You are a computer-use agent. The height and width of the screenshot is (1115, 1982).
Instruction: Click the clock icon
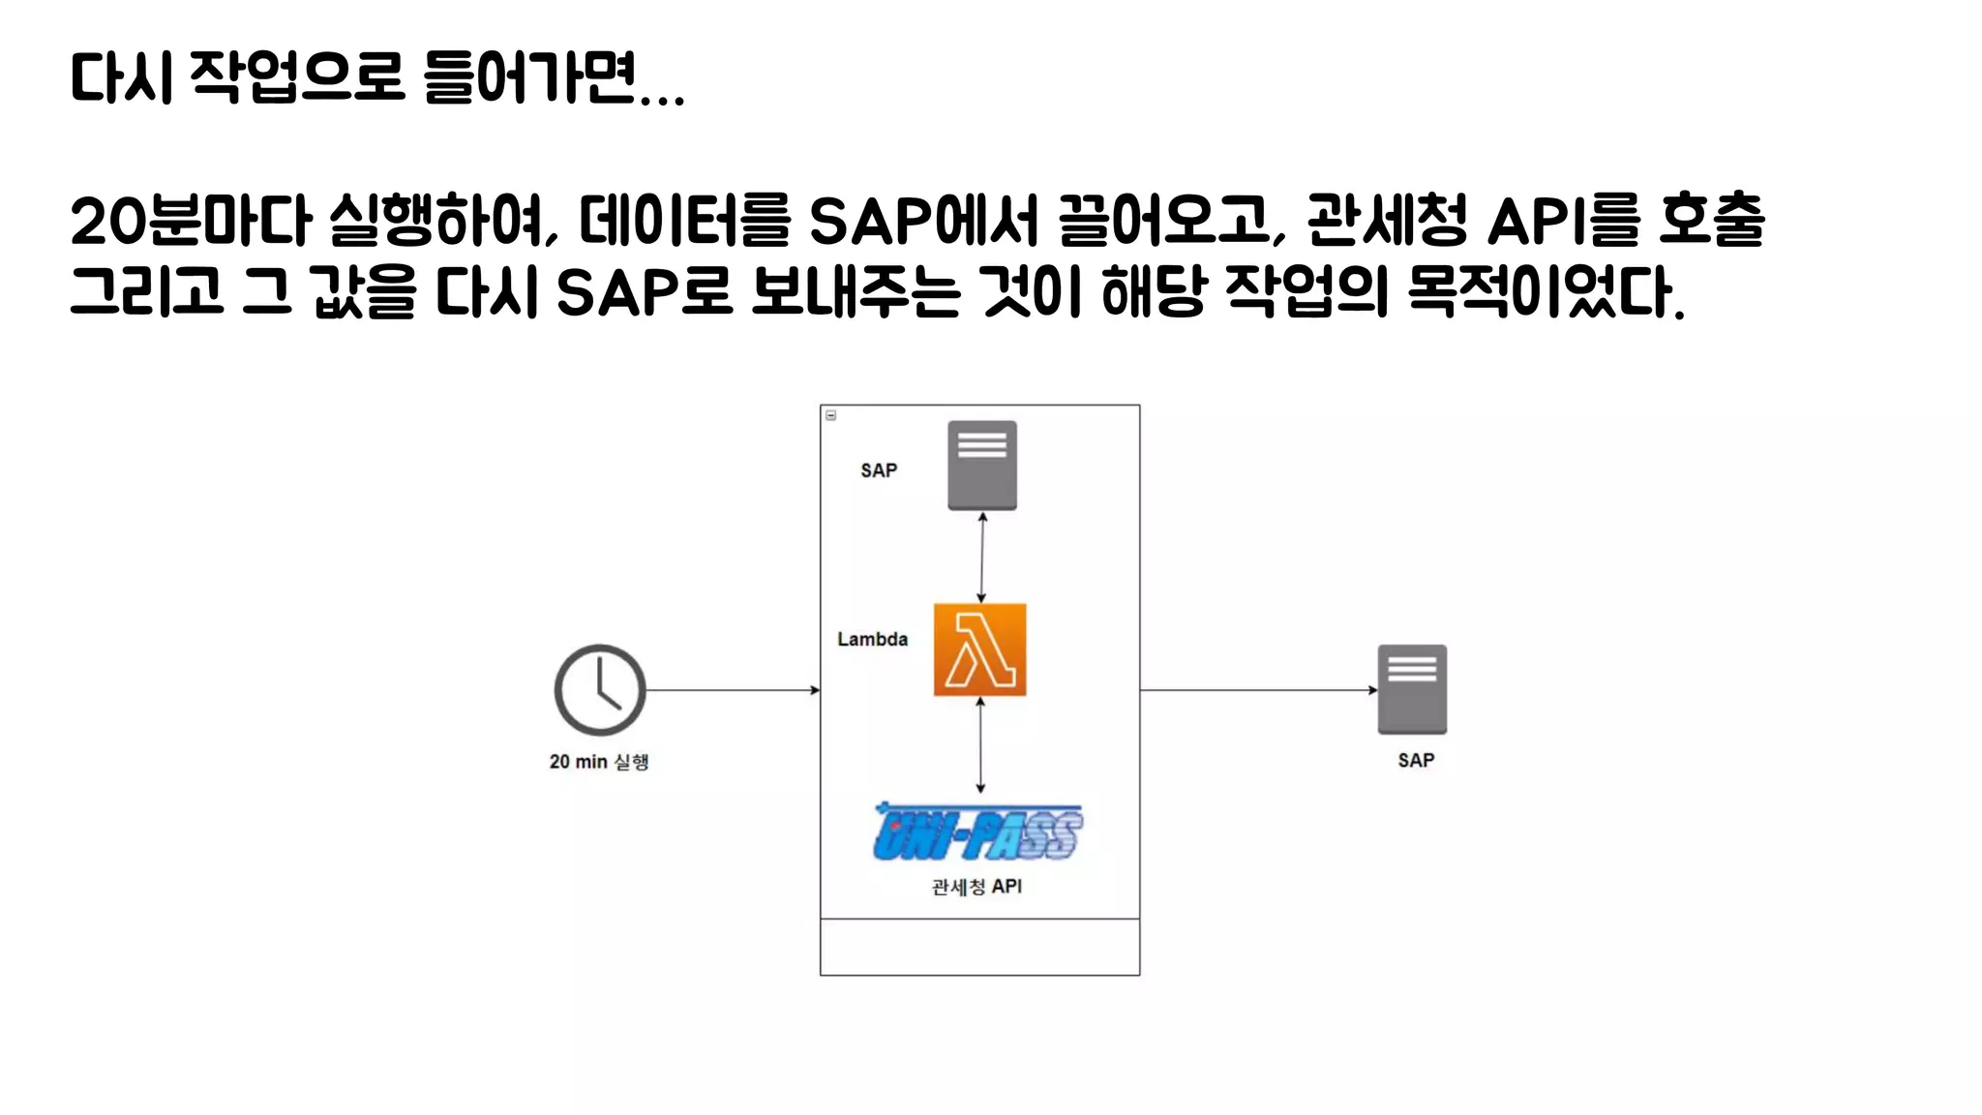coord(600,690)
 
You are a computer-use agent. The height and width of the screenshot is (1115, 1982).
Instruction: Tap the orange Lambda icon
coord(979,649)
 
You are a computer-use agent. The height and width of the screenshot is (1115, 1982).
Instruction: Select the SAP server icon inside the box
coord(981,465)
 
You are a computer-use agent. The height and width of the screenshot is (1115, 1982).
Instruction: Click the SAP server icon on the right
coord(1412,689)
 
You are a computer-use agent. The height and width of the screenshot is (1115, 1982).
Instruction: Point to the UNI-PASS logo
coord(977,833)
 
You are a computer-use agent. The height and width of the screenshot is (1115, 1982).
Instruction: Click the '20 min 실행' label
coord(599,762)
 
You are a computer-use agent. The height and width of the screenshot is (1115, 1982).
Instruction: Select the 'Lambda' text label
coord(872,640)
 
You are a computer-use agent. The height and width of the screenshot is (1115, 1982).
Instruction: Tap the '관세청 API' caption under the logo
coord(976,887)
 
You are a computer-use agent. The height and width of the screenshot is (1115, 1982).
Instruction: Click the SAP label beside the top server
coord(879,470)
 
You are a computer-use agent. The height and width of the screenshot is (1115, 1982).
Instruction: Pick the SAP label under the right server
coord(1416,761)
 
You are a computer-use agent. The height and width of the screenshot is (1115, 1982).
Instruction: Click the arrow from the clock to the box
coord(733,690)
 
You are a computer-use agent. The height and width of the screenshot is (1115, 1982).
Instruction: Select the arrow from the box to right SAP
coord(1258,690)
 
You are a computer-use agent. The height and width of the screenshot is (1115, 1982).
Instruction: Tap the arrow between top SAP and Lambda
coord(982,557)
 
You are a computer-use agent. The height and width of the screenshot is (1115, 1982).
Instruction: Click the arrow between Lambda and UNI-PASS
coord(980,745)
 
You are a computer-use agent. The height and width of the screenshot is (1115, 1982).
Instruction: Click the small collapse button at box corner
coord(830,415)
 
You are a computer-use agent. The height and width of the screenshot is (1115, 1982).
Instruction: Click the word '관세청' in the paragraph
coord(1386,221)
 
